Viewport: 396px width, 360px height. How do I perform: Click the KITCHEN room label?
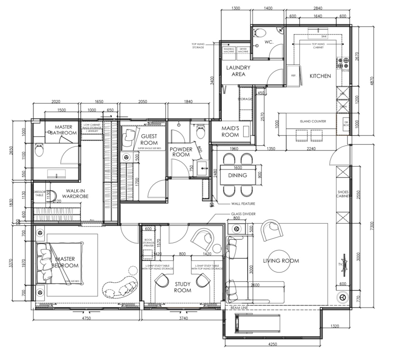coord(320,76)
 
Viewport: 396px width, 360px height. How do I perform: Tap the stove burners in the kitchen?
coord(343,63)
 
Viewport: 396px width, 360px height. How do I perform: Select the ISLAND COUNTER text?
coord(313,121)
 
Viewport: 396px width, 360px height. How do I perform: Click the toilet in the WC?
coord(259,33)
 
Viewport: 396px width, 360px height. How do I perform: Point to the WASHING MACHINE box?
coord(229,50)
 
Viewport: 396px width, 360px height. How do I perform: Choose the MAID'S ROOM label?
coord(230,131)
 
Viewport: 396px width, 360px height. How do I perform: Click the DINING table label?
coord(238,175)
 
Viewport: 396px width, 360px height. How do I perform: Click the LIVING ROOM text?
coord(281,261)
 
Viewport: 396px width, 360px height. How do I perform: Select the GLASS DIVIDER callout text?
coord(243,214)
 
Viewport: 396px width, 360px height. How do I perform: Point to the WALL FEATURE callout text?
coord(243,204)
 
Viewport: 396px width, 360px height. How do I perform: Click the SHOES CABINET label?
coord(343,194)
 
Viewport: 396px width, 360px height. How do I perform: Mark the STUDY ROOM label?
coord(182,287)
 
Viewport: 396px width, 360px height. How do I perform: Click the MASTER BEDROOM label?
coord(65,262)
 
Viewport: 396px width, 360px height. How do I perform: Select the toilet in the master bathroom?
coord(39,150)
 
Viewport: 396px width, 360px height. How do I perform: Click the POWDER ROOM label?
coord(181,152)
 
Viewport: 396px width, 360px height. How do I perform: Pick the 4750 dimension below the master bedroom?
coord(86,318)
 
